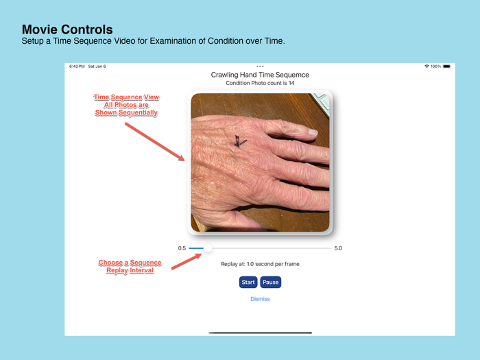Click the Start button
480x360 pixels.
tap(248, 282)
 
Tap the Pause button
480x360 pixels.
tap(271, 282)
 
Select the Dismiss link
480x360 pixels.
tap(260, 299)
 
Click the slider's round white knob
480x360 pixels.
tap(207, 248)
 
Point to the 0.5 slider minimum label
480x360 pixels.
tap(182, 248)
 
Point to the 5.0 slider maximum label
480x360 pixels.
tap(338, 248)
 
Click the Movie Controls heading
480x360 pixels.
tap(67, 29)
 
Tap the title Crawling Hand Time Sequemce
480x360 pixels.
tap(260, 75)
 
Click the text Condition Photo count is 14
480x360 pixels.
tap(260, 84)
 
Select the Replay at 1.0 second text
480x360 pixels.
tap(260, 264)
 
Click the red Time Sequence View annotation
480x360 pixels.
tap(126, 105)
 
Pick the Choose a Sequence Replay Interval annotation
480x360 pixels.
tap(130, 267)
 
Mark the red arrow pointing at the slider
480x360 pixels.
tap(187, 260)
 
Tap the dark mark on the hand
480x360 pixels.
tap(239, 141)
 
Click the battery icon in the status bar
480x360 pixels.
tap(447, 67)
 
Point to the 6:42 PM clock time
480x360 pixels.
tap(77, 67)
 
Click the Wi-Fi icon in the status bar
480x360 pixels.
tap(427, 67)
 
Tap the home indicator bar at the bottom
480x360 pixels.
tap(260, 333)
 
